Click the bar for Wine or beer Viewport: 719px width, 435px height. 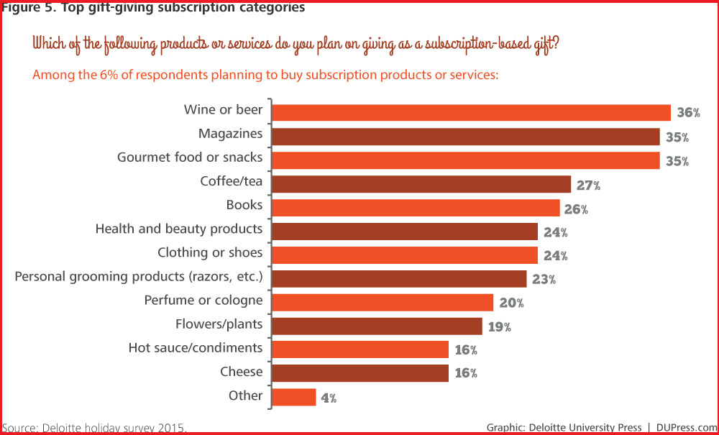[472, 112]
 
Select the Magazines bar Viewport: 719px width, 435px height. [466, 137]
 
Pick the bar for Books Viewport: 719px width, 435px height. [416, 208]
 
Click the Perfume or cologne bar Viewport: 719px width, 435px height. [383, 302]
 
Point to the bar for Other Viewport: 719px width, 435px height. [294, 397]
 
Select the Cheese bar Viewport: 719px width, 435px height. [360, 373]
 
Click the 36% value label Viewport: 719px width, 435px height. [688, 113]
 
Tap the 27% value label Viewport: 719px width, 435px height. [588, 185]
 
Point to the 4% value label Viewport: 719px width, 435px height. [329, 398]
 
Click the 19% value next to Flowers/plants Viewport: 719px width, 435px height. [499, 326]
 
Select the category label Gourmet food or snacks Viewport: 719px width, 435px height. [190, 157]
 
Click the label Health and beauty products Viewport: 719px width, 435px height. [179, 229]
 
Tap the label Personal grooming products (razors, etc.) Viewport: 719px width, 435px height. [139, 276]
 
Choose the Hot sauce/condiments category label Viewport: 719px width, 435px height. [196, 347]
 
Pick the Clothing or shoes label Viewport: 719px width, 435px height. [210, 252]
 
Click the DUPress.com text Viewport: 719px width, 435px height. [687, 427]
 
